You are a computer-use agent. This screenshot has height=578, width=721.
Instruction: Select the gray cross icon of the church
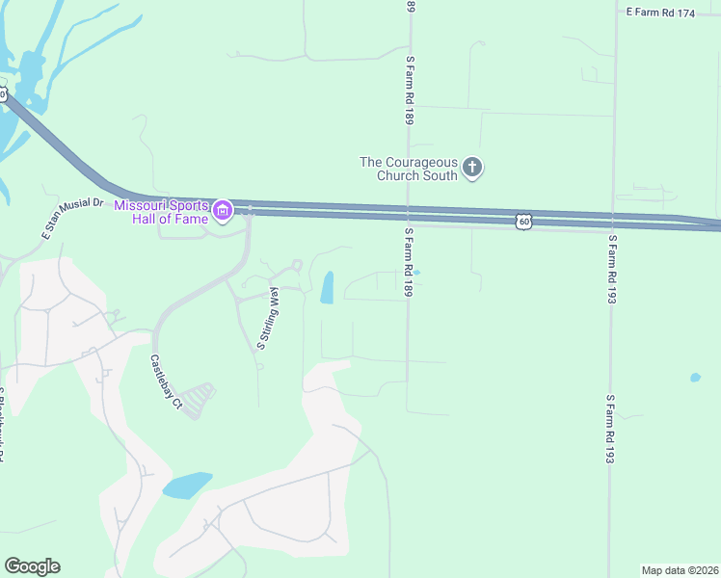(x=472, y=169)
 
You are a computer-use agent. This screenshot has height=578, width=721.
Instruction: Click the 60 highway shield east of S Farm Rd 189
(x=523, y=222)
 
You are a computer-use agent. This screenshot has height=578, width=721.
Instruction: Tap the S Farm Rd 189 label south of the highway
(x=409, y=262)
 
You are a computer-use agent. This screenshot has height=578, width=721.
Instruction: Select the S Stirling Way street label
(x=268, y=318)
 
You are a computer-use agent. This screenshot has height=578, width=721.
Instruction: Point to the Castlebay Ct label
(x=165, y=382)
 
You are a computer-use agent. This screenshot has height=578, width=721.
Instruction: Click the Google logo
(x=32, y=566)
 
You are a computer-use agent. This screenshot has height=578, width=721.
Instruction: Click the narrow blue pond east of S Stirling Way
(x=327, y=287)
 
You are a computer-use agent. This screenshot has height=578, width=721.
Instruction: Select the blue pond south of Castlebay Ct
(x=187, y=485)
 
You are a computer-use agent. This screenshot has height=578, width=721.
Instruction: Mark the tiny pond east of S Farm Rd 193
(x=695, y=377)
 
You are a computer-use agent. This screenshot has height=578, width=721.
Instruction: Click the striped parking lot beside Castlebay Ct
(x=199, y=400)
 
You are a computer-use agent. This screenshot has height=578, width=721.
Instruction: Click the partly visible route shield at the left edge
(x=3, y=94)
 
